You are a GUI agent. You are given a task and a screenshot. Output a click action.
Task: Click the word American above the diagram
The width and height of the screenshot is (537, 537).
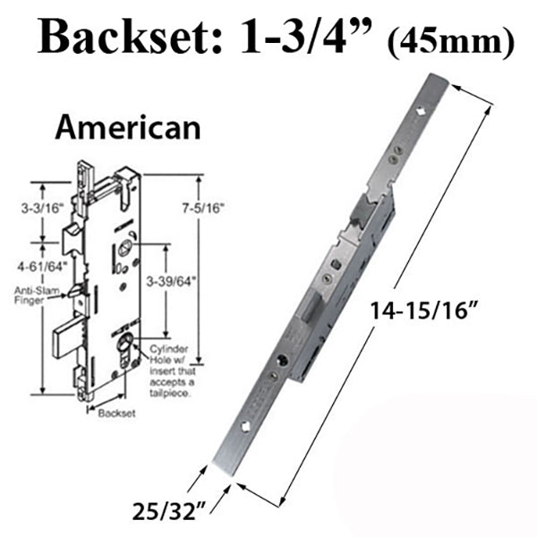coord(127,127)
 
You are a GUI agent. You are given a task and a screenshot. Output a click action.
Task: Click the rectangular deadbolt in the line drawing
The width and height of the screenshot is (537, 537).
coord(66,342)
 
